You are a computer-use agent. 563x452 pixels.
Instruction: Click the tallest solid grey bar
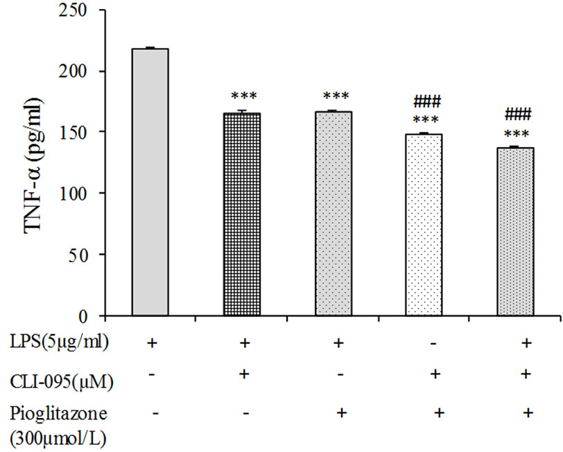(150, 182)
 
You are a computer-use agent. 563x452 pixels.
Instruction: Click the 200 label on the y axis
(88, 71)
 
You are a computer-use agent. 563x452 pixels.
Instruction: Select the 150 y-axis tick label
(88, 132)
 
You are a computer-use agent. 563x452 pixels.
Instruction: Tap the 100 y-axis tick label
(88, 193)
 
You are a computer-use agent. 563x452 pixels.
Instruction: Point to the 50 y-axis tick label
(92, 254)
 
